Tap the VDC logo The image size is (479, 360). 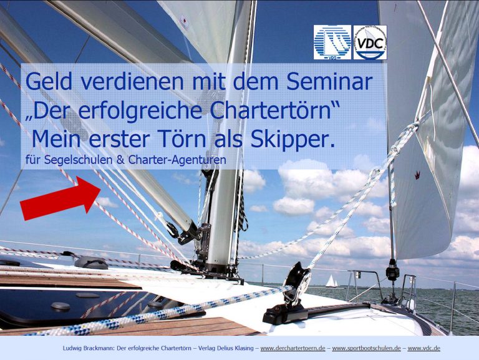point(370,42)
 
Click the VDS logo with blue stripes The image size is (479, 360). point(332,42)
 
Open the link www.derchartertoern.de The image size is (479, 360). point(293,348)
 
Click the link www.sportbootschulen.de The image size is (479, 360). point(366,348)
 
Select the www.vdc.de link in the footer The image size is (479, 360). point(423,348)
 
